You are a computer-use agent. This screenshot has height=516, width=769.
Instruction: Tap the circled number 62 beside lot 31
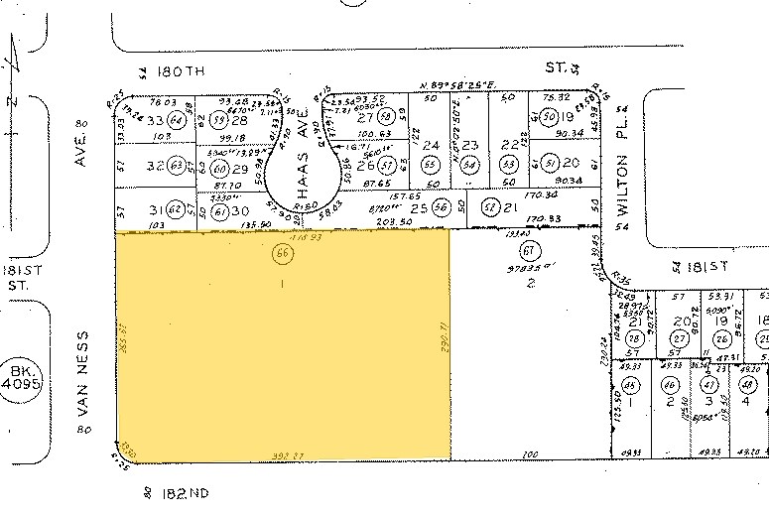click(x=177, y=208)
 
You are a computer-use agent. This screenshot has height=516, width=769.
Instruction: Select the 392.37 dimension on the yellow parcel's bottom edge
click(x=286, y=455)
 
